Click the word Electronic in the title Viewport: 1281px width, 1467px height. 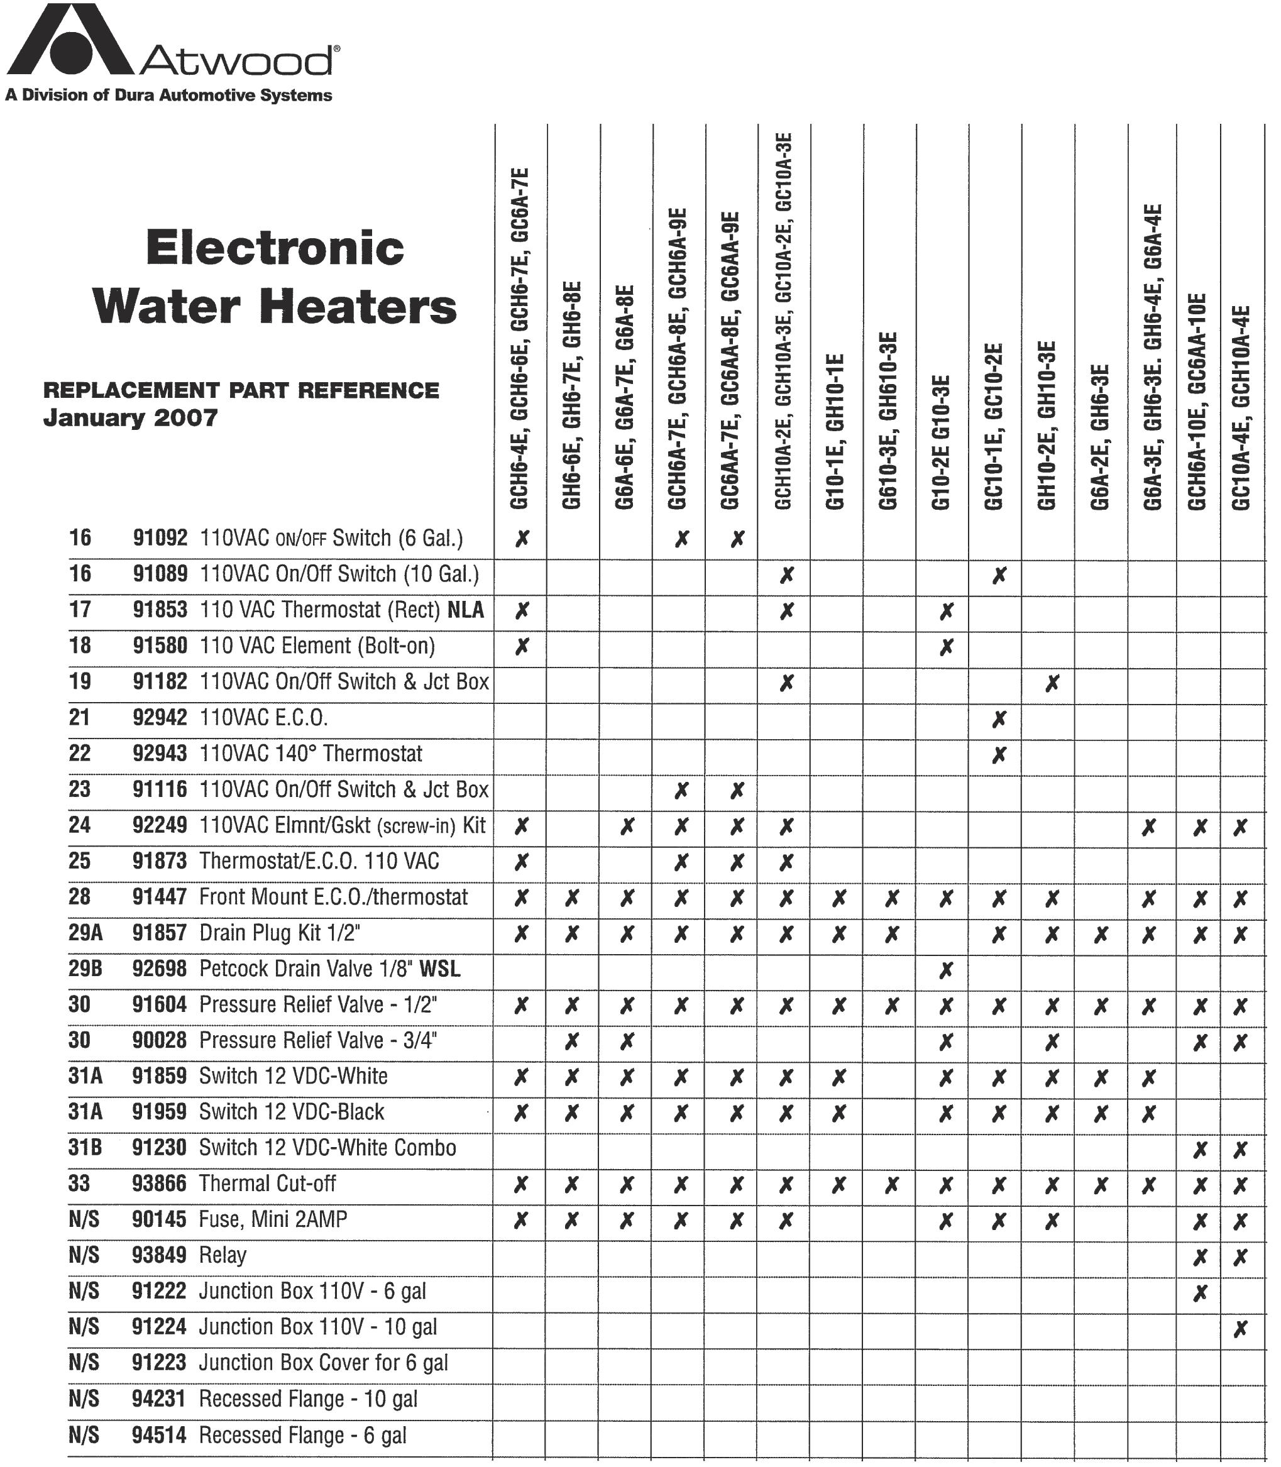pos(275,248)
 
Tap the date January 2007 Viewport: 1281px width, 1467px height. pos(130,417)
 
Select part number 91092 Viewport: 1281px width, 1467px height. pos(160,537)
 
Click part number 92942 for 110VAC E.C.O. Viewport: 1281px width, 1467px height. pos(160,717)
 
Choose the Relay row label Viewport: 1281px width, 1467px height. pos(223,1255)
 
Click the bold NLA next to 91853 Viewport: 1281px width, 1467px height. pos(465,610)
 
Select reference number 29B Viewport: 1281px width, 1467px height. pos(85,969)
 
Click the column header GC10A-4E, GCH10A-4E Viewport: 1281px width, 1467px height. pos(1241,407)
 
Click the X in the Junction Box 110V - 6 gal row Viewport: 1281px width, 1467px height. pos(1200,1292)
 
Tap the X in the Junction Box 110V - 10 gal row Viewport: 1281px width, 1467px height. pos(1240,1328)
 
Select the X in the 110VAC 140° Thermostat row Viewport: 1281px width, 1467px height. pos(999,754)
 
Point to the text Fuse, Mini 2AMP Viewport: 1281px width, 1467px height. pos(273,1219)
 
